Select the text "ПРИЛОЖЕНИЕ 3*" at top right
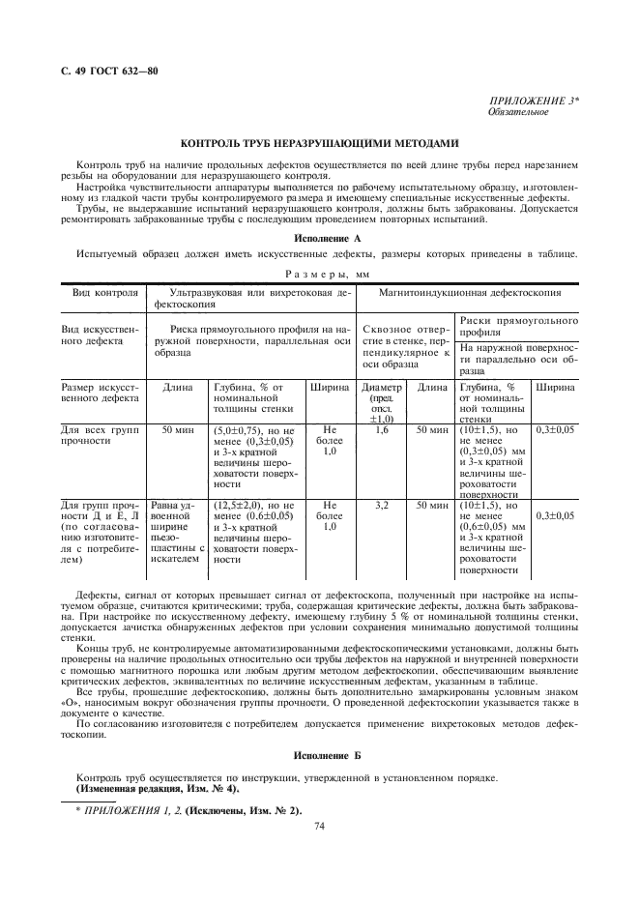click(536, 102)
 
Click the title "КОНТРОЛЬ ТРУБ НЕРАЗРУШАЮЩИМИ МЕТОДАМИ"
click(319, 142)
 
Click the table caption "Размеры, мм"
click(319, 274)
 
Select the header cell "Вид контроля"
click(101, 291)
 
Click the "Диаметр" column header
click(380, 388)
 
